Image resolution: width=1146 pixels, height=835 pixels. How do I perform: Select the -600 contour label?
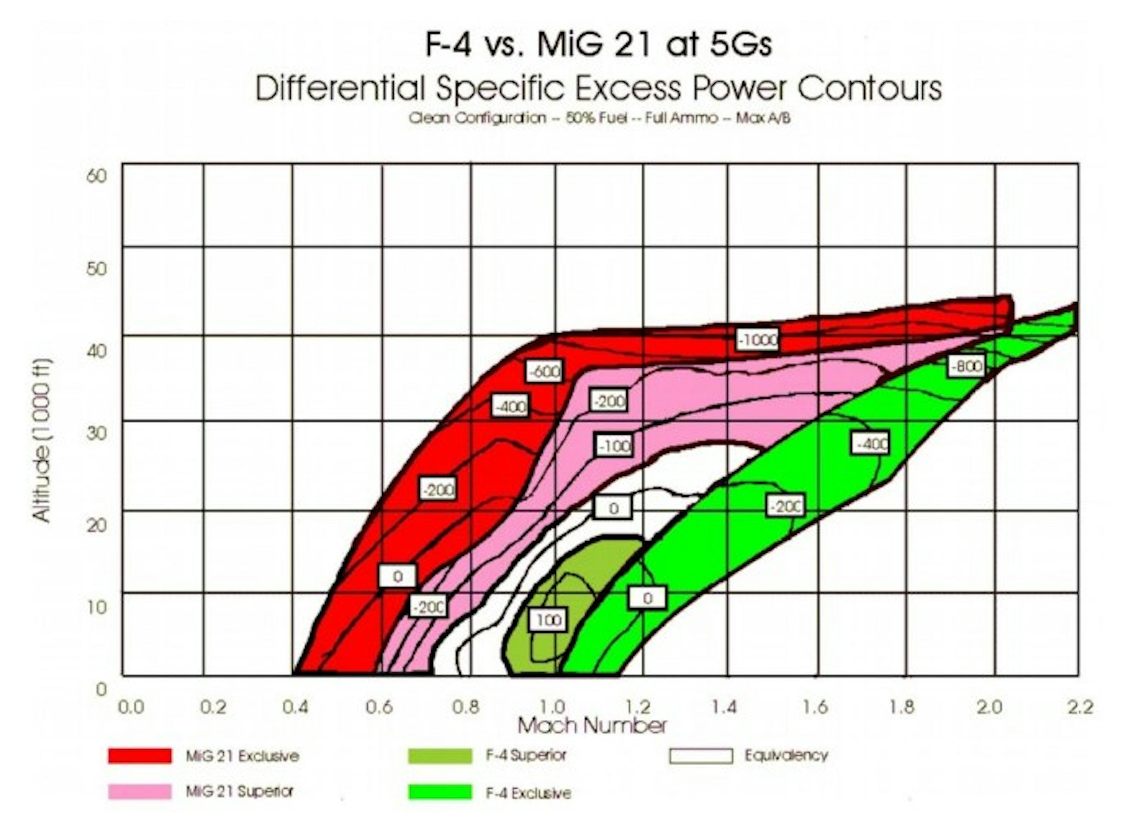coord(544,372)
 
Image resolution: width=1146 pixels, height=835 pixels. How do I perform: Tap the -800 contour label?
coord(966,366)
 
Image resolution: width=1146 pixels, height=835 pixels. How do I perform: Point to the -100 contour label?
coord(614,446)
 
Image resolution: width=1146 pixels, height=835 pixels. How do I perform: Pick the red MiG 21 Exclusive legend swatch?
coord(140,756)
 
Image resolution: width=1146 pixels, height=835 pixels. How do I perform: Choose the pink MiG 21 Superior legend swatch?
coord(140,791)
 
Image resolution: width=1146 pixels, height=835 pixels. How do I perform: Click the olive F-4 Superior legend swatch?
coord(440,756)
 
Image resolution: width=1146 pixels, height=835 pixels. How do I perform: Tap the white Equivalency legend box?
coord(701,756)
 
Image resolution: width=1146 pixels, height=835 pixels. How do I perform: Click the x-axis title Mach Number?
coord(592,726)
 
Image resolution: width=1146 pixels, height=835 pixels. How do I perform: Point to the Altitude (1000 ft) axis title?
coord(41,440)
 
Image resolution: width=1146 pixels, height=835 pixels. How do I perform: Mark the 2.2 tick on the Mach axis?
coord(1080,707)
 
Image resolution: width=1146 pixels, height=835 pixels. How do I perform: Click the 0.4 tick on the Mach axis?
coord(295,707)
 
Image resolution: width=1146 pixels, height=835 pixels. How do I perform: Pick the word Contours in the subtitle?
coord(869,88)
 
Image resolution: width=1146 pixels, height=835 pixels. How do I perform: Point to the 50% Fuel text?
coord(597,118)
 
